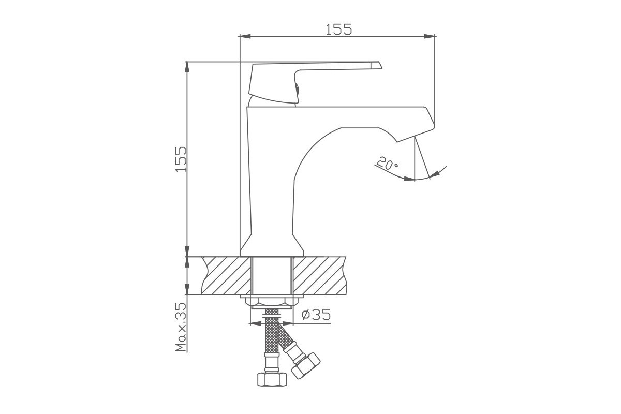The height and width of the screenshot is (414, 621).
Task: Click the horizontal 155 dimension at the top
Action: pos(338,29)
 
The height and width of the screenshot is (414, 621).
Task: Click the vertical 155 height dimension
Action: pos(181,159)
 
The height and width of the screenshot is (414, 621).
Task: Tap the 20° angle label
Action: pos(388,164)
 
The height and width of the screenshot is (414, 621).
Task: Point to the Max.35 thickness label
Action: pos(181,327)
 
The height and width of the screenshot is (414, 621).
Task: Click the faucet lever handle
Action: pos(315,82)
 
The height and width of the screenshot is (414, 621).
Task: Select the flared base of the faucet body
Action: pos(272,245)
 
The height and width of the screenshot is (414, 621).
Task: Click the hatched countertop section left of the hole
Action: pos(226,275)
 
